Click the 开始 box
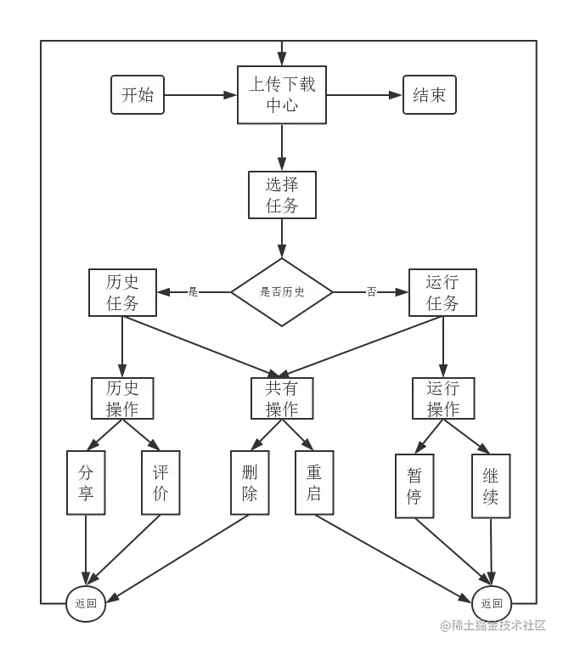[x=138, y=94]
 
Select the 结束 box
[x=429, y=94]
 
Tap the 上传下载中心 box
[x=281, y=94]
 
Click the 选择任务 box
[x=282, y=195]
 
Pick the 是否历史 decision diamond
[x=282, y=292]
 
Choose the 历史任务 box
[x=122, y=292]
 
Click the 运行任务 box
[x=442, y=292]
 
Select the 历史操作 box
[x=122, y=398]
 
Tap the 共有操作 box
[x=282, y=398]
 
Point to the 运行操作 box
[x=442, y=398]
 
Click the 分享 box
[x=86, y=483]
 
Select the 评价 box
[x=160, y=483]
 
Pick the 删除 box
[x=249, y=483]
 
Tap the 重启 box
[x=314, y=483]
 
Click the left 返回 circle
[x=86, y=604]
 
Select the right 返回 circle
[x=492, y=604]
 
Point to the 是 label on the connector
[x=193, y=292]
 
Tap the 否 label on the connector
[x=371, y=292]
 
